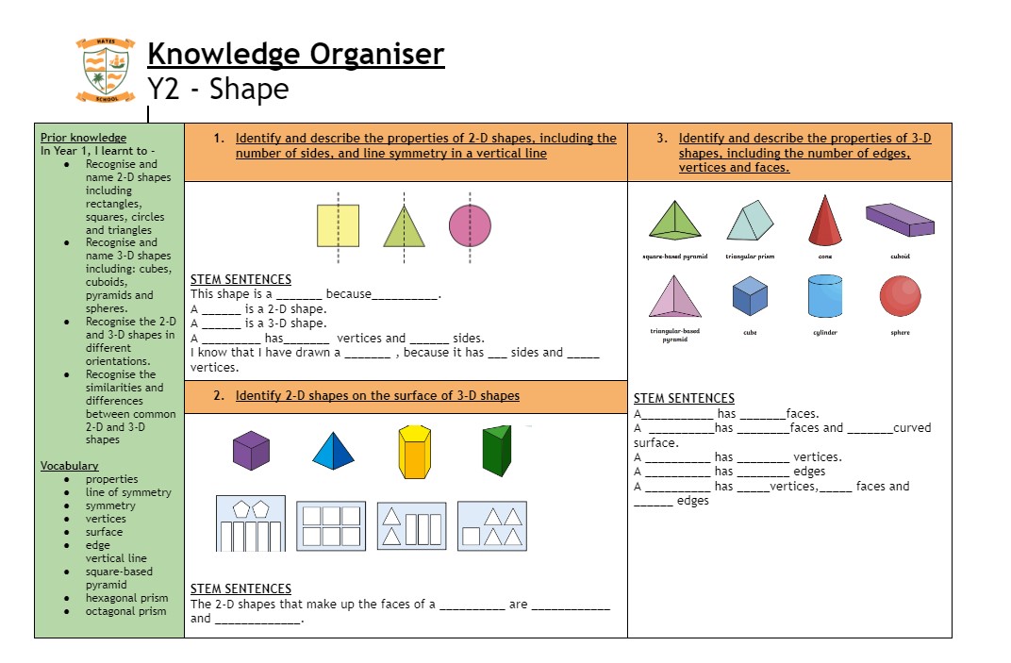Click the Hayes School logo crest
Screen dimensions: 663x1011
click(x=104, y=71)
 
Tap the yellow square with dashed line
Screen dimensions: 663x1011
click(x=338, y=226)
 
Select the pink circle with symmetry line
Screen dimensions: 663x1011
click(x=470, y=225)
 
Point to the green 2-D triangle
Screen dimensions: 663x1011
click(x=404, y=227)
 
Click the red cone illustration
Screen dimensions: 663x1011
click(x=824, y=221)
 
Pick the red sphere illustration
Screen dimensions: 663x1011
click(x=900, y=296)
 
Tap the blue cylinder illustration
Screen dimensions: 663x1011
click(x=824, y=296)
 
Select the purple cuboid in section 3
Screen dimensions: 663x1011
click(x=900, y=219)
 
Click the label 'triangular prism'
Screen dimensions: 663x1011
click(x=750, y=257)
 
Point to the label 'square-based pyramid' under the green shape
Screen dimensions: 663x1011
click(x=674, y=257)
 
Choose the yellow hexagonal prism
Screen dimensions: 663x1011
click(x=413, y=451)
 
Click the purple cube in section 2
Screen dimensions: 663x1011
click(x=251, y=450)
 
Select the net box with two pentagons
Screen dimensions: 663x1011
click(x=251, y=523)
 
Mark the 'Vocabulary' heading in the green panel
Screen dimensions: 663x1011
click(x=69, y=466)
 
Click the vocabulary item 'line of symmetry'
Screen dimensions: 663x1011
click(x=128, y=492)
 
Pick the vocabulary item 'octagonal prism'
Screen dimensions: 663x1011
click(x=125, y=611)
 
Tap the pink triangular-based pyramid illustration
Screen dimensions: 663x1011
click(x=675, y=297)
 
